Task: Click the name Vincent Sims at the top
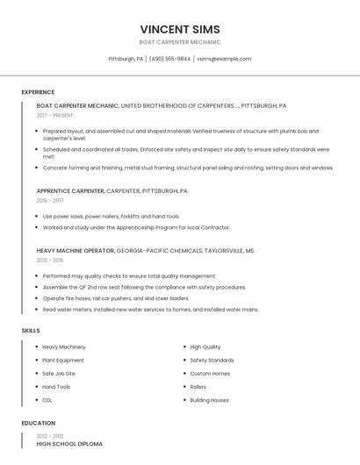[x=180, y=29]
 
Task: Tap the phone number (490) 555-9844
[x=169, y=59]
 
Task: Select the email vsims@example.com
[x=224, y=59]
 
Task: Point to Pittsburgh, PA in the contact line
[x=126, y=59]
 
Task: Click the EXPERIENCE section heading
[x=38, y=92]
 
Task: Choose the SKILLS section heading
[x=31, y=330]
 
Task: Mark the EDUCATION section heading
[x=39, y=423]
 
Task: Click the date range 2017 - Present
[x=55, y=115]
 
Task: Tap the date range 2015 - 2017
[x=50, y=200]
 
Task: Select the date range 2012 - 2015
[x=50, y=260]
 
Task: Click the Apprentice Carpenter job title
[x=70, y=190]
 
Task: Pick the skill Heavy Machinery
[x=64, y=347]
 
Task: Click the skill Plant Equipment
[x=63, y=360]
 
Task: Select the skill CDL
[x=47, y=400]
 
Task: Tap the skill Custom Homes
[x=210, y=373]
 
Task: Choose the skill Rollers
[x=198, y=386]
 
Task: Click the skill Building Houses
[x=210, y=400]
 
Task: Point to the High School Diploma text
[x=69, y=444]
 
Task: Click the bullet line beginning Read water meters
[x=150, y=309]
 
